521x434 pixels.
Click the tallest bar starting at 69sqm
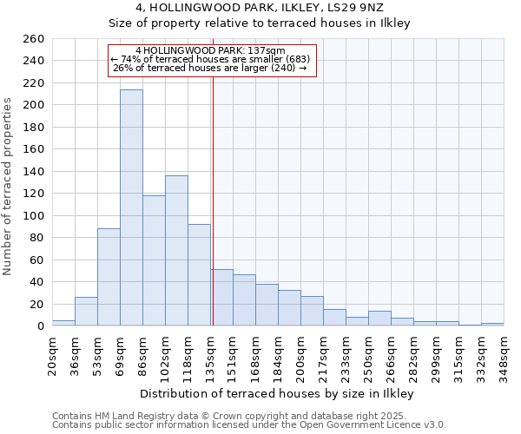coord(131,208)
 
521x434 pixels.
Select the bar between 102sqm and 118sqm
coord(176,251)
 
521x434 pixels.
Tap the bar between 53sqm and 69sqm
coord(109,277)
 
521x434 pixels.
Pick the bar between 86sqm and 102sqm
coord(154,260)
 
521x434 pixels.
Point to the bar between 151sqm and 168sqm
coord(244,300)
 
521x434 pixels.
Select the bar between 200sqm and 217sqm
coord(312,311)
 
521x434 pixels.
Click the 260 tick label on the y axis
coord(33,39)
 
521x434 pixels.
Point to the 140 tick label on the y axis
coord(33,172)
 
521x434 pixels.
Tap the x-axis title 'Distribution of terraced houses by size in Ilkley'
coord(276,394)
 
